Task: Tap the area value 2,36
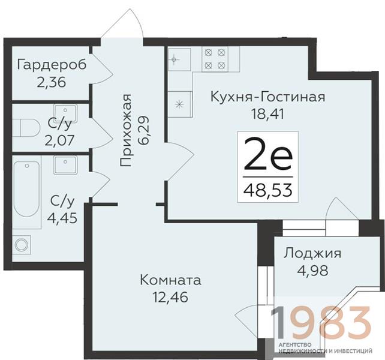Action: [x=52, y=82]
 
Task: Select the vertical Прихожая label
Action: [x=127, y=130]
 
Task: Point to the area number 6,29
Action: [x=144, y=130]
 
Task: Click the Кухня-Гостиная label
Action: [x=268, y=97]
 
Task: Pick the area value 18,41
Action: [x=267, y=113]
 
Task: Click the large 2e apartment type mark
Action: [x=268, y=154]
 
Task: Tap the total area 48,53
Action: [x=268, y=190]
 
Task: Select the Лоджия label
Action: [x=312, y=254]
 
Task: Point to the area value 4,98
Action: [x=312, y=271]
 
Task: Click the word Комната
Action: [x=171, y=280]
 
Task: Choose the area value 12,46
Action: [x=170, y=297]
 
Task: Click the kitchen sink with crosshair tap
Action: [x=179, y=59]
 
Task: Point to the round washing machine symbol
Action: [x=21, y=245]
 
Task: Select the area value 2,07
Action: [x=59, y=140]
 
